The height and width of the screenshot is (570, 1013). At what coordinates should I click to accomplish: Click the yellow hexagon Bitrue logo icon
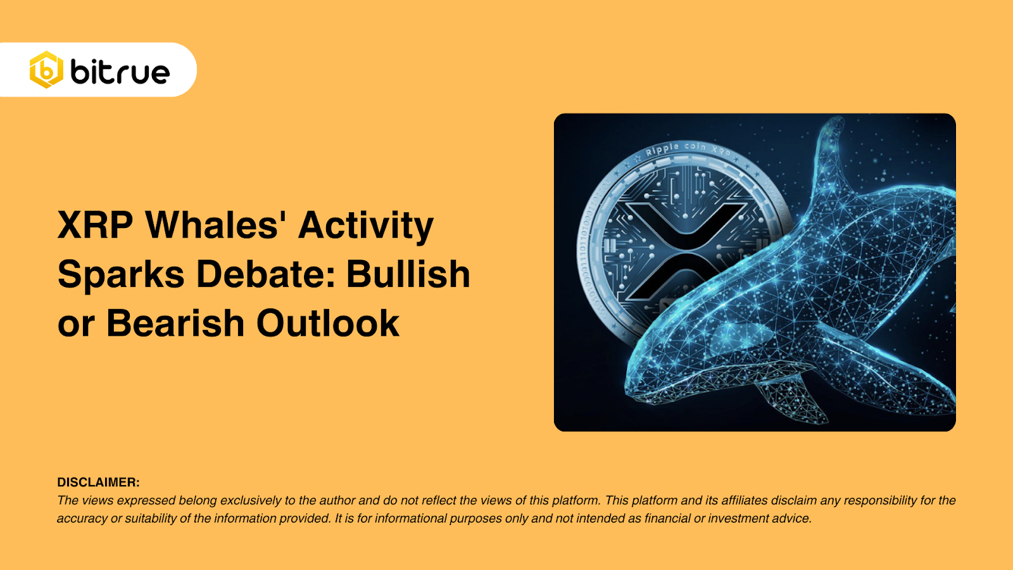tap(46, 70)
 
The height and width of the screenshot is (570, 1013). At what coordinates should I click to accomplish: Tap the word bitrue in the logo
tap(120, 72)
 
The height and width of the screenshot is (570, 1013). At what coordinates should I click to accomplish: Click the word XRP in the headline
tap(96, 225)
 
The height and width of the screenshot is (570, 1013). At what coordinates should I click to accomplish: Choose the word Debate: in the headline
tap(265, 274)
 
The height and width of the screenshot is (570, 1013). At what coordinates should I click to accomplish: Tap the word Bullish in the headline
tap(408, 274)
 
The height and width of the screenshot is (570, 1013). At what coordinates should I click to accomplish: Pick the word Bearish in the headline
tap(175, 323)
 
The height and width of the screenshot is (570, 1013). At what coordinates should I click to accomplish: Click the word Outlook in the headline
tap(328, 323)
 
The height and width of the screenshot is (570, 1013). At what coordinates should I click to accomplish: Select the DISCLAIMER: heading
tap(98, 482)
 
